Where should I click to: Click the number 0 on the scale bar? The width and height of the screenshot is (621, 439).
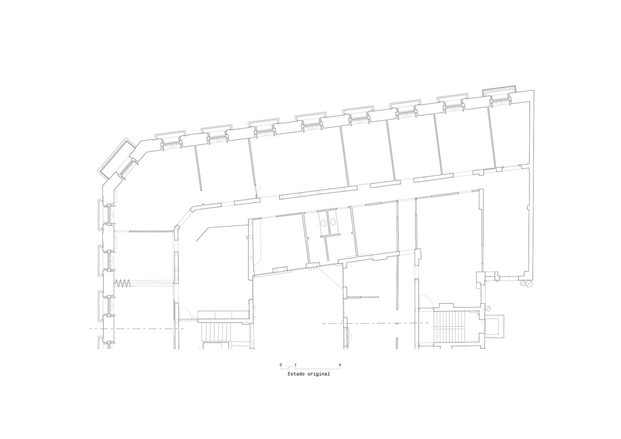(281, 365)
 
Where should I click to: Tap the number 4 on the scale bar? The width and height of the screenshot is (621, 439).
(340, 365)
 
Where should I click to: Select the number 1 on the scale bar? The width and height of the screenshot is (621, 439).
(295, 365)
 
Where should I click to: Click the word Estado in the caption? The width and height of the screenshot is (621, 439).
(296, 374)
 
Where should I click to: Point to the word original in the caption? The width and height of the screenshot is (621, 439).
(318, 374)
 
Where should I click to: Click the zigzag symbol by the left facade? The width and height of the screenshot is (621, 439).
(123, 283)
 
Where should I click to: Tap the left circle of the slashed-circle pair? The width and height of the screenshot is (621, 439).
(522, 284)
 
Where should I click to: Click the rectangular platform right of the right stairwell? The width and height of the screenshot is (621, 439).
(495, 326)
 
